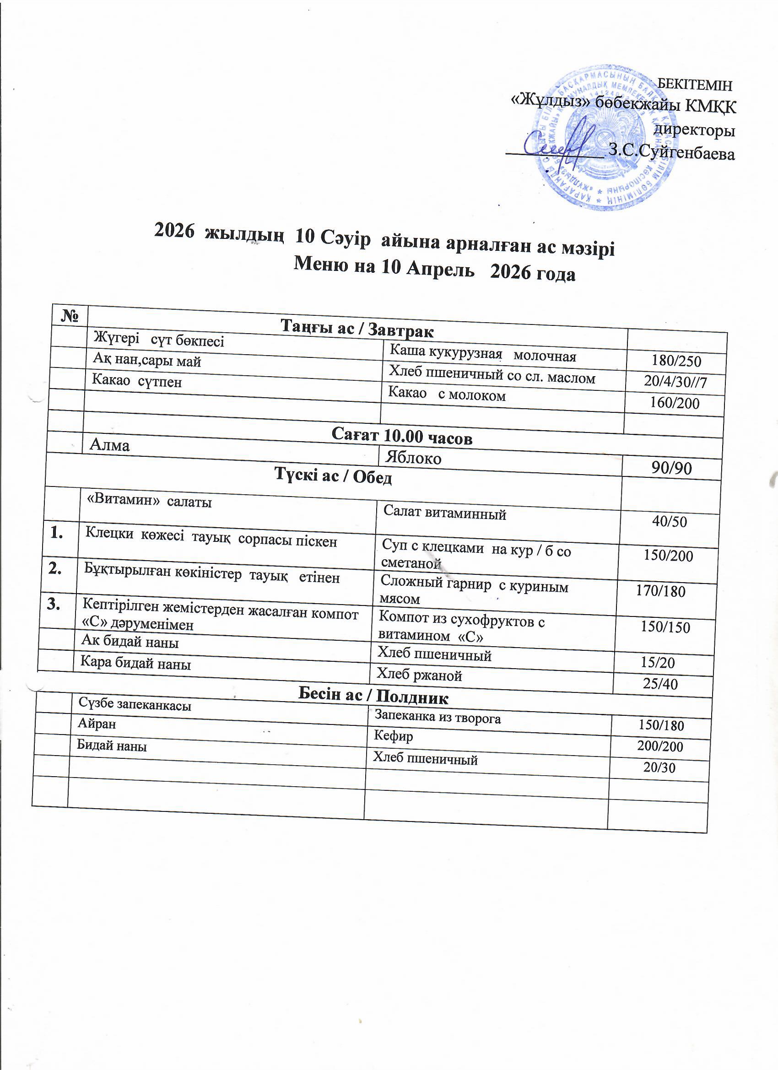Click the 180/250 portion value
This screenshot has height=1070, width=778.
point(676,362)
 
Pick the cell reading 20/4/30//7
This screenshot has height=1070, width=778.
point(675,382)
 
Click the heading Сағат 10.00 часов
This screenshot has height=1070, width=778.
point(401,436)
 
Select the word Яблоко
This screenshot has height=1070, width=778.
point(413,458)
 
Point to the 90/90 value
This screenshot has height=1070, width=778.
point(671,468)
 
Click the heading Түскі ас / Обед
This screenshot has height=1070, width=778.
point(333,477)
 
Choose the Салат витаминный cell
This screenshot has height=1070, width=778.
point(444,513)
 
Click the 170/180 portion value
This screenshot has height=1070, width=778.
point(660,591)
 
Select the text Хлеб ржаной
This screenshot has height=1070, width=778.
point(418,675)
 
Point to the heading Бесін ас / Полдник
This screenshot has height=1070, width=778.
point(373,696)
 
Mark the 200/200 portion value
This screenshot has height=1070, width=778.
point(660,746)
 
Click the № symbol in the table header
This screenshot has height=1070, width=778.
point(70,315)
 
